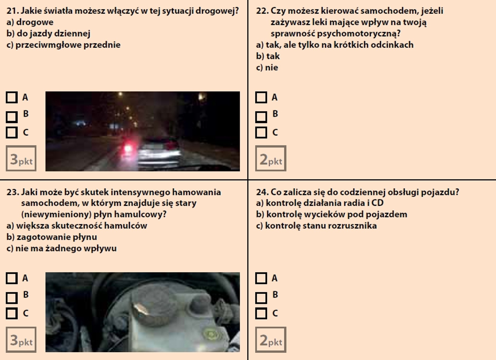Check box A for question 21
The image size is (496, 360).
pos(12,97)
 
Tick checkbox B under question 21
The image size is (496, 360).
pos(12,117)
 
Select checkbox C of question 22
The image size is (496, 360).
pos(261,132)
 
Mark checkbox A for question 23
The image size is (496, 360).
pos(12,278)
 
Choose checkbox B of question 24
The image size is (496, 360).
pos(261,298)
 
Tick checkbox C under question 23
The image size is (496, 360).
pos(12,314)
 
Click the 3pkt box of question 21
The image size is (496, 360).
pos(21,158)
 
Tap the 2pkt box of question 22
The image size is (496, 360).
pos(271,158)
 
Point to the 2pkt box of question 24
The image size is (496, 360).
pos(271,340)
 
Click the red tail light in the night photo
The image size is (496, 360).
pos(128,148)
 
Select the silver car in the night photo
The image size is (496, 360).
pos(159,151)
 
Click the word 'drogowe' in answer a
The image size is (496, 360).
pos(35,22)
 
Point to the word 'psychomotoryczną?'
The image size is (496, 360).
pos(336,34)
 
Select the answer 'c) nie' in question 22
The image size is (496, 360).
pos(267,68)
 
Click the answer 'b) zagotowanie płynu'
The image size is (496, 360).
pos(52,237)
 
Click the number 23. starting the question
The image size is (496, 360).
pos(13,192)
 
